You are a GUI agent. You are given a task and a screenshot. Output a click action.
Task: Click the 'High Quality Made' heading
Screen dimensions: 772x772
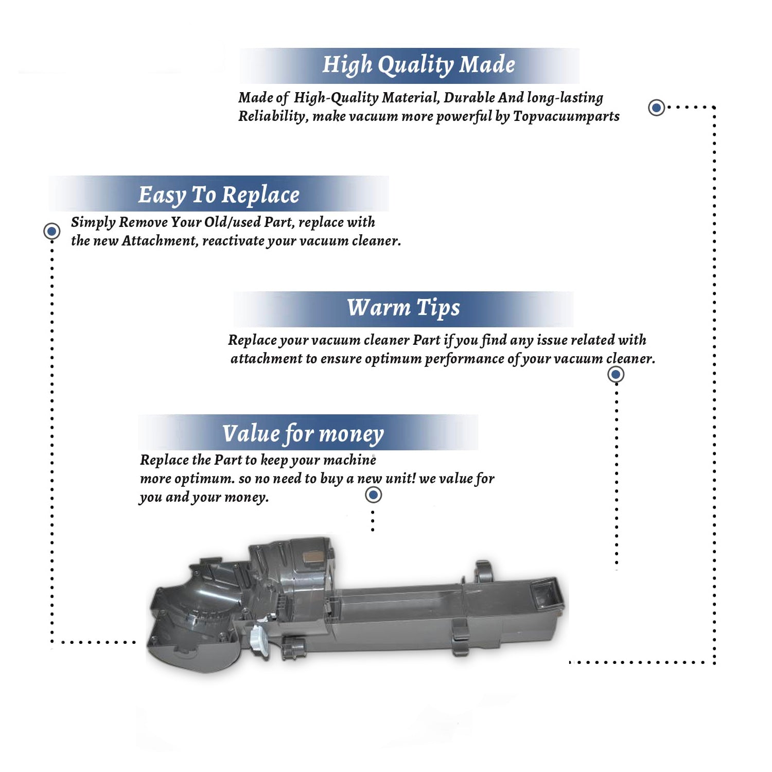418,65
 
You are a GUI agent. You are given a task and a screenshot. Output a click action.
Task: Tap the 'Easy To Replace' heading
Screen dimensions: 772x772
219,195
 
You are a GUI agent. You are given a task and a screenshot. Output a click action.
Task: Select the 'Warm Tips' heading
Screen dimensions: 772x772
403,308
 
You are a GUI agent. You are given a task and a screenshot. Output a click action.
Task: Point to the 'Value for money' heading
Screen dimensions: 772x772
303,434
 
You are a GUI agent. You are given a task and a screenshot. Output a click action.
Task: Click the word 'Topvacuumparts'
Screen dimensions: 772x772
566,117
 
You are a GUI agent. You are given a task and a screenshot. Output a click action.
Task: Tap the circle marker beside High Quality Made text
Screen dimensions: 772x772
656,108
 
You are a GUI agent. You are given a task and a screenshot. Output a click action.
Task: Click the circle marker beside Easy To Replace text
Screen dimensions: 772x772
51,231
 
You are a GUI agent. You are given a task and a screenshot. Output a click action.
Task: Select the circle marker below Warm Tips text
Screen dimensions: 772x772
616,374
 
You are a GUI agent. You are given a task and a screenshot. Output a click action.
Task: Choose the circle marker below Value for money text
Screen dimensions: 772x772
373,495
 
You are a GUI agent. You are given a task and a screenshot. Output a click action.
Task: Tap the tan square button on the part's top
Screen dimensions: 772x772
311,556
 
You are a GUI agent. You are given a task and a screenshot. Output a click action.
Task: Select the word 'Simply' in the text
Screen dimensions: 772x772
93,223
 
